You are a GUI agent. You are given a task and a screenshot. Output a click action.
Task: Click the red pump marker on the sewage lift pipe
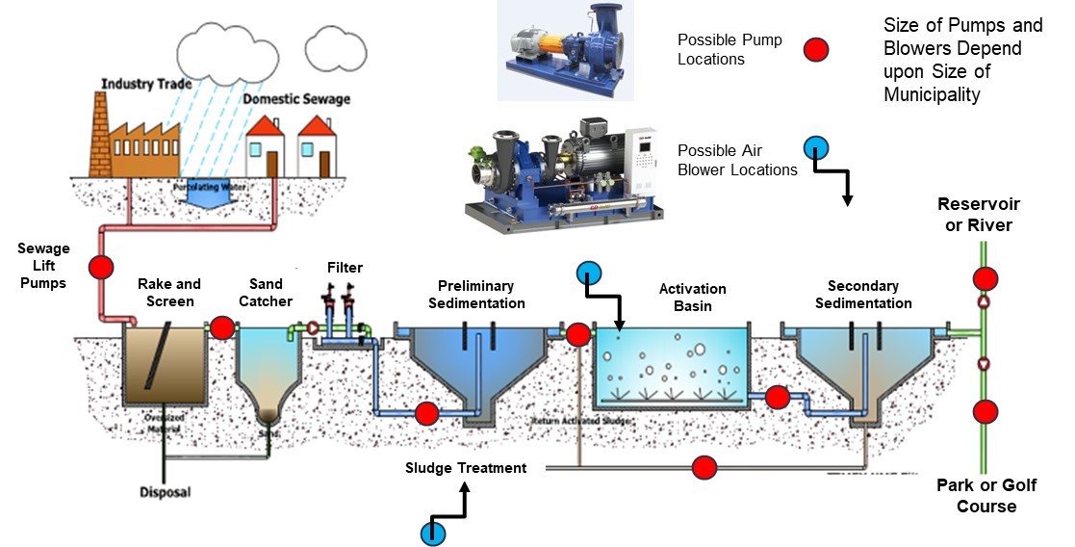[x=101, y=266]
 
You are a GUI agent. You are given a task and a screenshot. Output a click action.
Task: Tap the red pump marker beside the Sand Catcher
[x=222, y=327]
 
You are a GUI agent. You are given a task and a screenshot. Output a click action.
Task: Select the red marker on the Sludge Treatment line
[x=705, y=469]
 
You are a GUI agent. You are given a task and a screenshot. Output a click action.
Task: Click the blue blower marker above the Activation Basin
[x=590, y=273]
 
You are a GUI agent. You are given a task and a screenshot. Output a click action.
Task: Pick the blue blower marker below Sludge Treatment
[x=433, y=533]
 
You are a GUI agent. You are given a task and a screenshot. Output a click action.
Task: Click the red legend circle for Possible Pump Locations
[x=816, y=50]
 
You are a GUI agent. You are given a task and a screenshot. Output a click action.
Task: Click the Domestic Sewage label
[x=296, y=98]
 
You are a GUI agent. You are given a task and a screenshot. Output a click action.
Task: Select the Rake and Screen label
[x=168, y=292]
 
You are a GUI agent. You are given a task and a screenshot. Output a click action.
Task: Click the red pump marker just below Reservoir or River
[x=985, y=279]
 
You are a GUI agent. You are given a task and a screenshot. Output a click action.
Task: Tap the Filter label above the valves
[x=344, y=267]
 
